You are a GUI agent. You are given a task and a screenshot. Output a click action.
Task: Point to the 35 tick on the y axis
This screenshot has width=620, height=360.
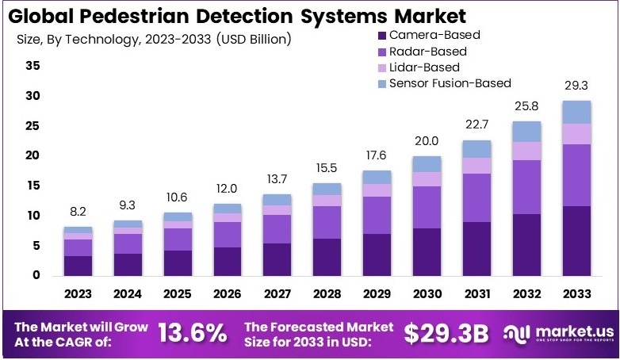tap(33, 66)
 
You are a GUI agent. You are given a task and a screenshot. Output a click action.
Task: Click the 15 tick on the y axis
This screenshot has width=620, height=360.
tap(33, 186)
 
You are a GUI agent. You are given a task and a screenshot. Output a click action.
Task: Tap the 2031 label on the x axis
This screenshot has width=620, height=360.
tap(477, 293)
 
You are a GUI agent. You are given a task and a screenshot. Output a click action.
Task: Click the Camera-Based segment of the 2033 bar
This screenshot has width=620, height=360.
tap(577, 240)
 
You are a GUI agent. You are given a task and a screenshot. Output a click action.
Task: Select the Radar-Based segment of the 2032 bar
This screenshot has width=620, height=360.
tap(527, 187)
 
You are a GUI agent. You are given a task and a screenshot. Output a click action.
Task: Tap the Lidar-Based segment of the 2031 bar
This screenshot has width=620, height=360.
tap(477, 165)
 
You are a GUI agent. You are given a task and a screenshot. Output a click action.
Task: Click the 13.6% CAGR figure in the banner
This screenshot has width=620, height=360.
tap(192, 334)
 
